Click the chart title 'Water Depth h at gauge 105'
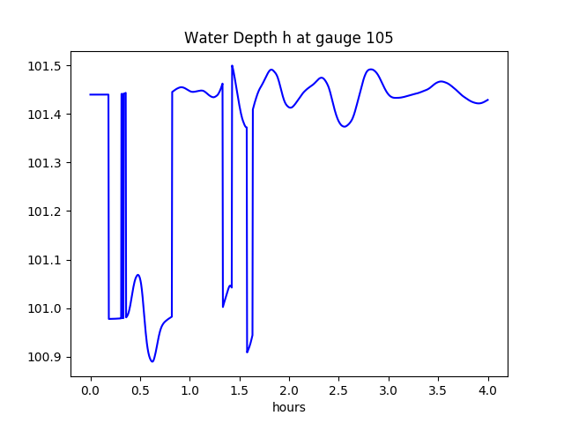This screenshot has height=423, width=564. click(x=288, y=38)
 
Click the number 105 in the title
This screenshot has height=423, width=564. click(x=380, y=38)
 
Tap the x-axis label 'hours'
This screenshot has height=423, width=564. click(x=288, y=407)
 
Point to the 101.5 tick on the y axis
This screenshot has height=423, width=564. click(x=46, y=66)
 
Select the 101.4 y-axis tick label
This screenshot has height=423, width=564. click(x=46, y=115)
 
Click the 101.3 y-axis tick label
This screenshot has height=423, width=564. click(x=46, y=163)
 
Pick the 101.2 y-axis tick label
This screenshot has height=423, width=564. click(x=46, y=211)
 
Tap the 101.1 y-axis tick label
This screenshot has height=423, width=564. click(x=46, y=260)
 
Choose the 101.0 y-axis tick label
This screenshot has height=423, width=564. click(x=46, y=308)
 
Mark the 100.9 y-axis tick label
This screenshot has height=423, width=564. click(x=46, y=357)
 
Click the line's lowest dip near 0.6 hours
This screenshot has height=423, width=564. click(x=152, y=361)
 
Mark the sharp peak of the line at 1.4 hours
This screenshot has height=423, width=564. click(x=232, y=66)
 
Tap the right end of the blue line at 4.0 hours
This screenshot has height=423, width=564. click(x=488, y=100)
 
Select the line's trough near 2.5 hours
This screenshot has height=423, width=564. click(x=345, y=127)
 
